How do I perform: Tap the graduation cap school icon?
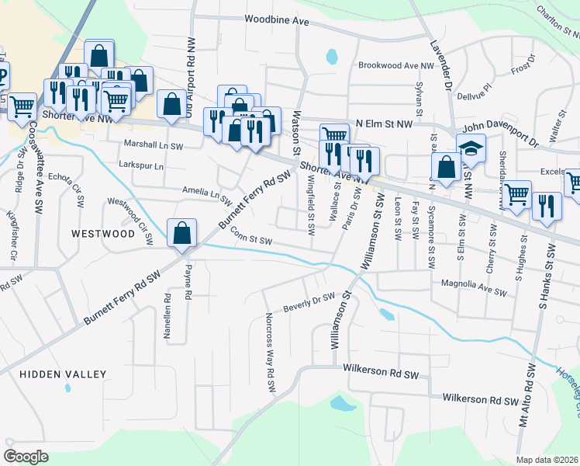point(470,148)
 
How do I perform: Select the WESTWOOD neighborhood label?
point(103,233)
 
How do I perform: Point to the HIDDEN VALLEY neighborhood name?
point(63,374)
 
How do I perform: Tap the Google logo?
point(26,456)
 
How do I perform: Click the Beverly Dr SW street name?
point(308,300)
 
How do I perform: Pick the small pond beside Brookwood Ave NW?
point(332,56)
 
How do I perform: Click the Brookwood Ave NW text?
point(395,67)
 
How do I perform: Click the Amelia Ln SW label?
point(207,194)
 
